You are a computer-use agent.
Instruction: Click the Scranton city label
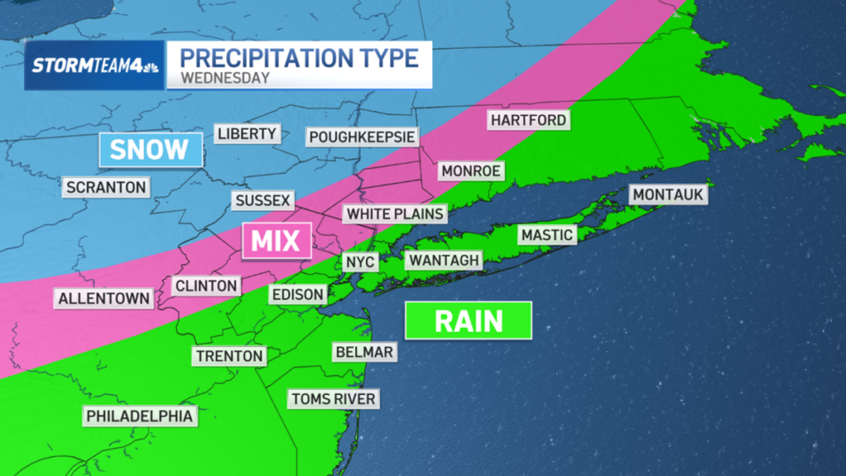[107, 187]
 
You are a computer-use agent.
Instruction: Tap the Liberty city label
[247, 134]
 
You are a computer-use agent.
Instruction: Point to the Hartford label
[529, 121]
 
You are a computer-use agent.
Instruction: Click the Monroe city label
[472, 170]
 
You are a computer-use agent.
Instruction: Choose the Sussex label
[263, 201]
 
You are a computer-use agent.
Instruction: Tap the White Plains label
[396, 214]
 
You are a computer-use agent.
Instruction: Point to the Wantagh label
[444, 261]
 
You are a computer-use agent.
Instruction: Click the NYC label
[360, 263]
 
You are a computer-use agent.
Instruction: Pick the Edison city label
[297, 294]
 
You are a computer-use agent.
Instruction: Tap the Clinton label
[207, 286]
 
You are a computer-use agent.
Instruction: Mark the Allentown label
[104, 298]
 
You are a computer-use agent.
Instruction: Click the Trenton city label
[229, 357]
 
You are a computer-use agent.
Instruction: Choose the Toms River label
[334, 400]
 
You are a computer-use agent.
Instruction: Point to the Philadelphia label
[140, 416]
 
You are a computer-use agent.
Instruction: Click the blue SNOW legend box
[150, 150]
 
